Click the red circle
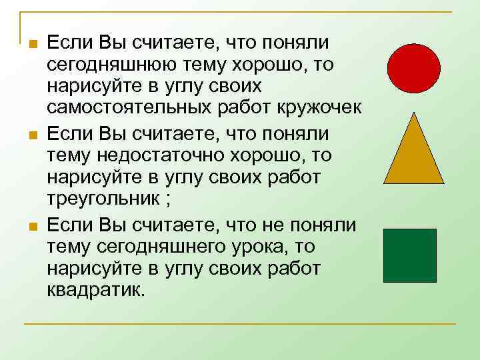[x=415, y=68]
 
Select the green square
[x=410, y=255]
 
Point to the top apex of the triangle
[x=415, y=113]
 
